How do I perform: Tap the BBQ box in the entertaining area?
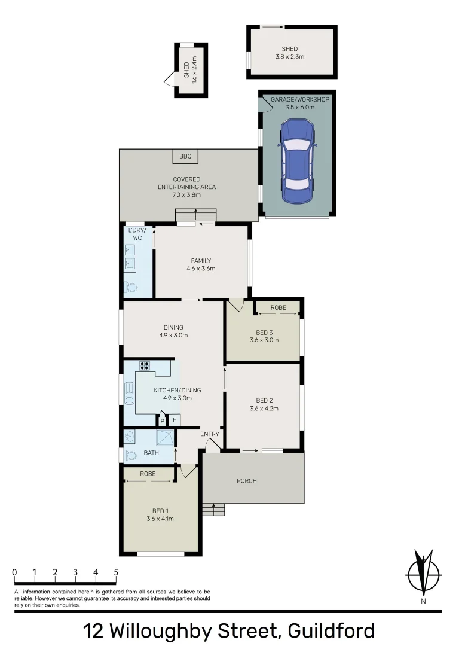click(x=185, y=156)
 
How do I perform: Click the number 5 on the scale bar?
click(x=116, y=572)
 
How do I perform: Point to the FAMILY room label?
click(x=201, y=261)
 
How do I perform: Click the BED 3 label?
click(x=264, y=333)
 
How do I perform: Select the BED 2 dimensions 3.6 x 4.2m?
click(x=264, y=409)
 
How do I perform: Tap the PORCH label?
click(x=247, y=481)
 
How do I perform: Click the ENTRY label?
click(x=209, y=434)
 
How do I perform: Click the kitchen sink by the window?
click(x=129, y=395)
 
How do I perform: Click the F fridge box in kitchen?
click(x=175, y=420)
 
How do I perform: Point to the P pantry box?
click(x=162, y=420)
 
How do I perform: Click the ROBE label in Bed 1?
click(x=148, y=473)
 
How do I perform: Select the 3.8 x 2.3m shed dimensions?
click(x=290, y=57)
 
